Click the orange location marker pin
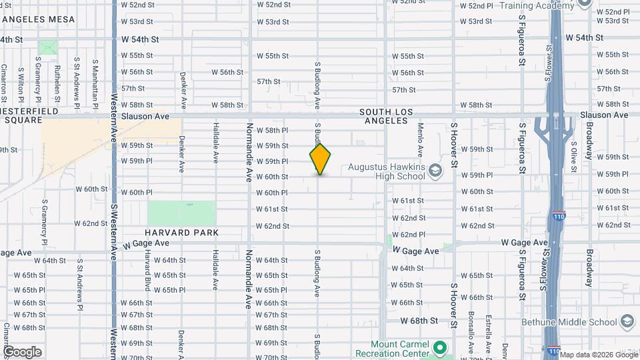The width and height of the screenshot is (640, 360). tap(320, 159)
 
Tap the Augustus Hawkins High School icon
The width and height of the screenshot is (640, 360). tap(435, 171)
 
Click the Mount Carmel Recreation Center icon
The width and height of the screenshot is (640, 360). tap(439, 347)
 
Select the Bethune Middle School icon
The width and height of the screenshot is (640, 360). tap(627, 322)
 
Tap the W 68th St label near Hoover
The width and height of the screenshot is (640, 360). tap(419, 321)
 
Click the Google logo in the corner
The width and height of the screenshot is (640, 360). tap(22, 351)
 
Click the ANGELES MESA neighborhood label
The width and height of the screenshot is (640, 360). tap(38, 19)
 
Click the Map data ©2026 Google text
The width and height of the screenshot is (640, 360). tap(589, 355)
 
